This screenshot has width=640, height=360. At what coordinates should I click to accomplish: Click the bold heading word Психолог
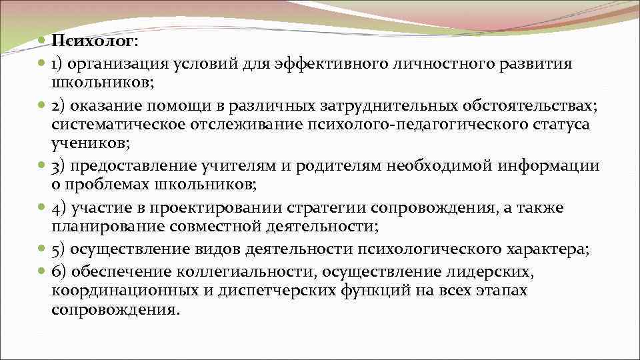pyautogui.click(x=93, y=41)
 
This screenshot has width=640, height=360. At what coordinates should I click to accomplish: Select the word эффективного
pyautogui.click(x=306, y=64)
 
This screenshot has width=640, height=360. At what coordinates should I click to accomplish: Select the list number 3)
pyautogui.click(x=57, y=166)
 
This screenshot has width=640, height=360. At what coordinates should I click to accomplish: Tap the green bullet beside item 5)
pyautogui.click(x=41, y=250)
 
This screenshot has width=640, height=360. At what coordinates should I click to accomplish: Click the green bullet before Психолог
pyautogui.click(x=41, y=41)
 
